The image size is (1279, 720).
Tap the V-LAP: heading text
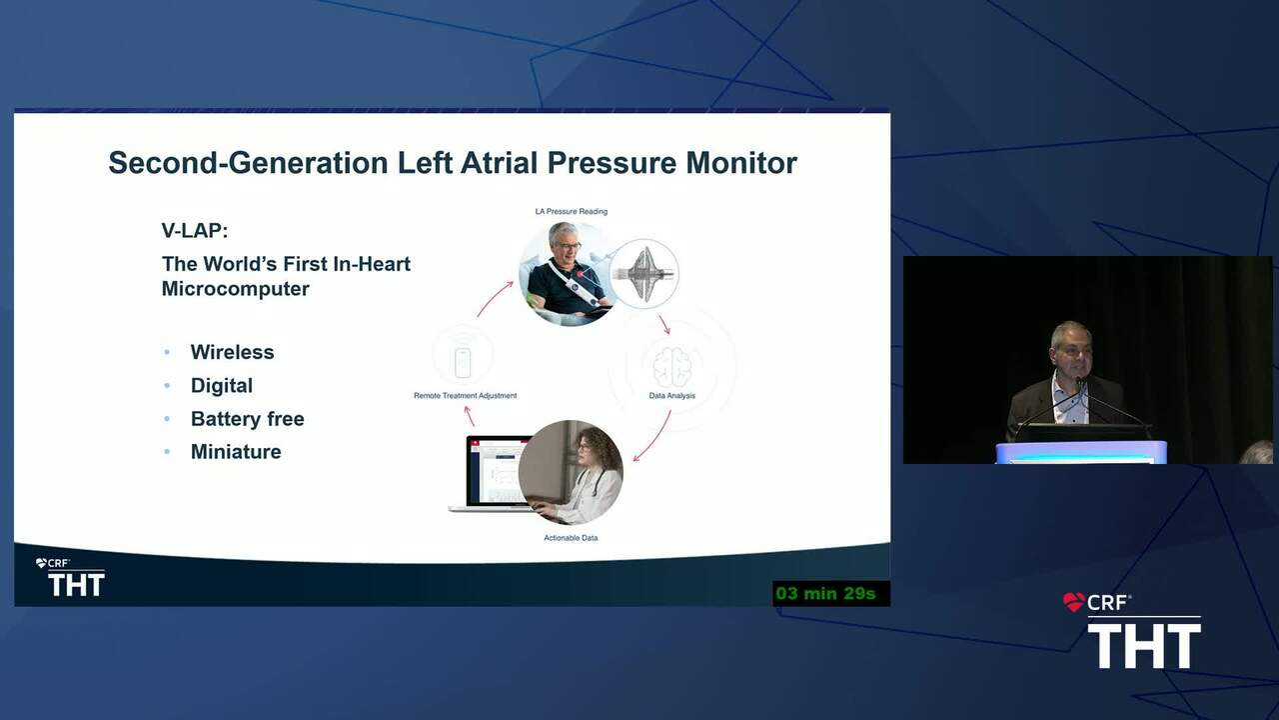pos(195,231)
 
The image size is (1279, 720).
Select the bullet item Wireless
pos(233,352)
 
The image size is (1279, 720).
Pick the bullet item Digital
pos(222,386)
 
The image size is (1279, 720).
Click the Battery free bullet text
pos(247,419)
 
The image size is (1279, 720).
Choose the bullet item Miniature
pos(236,452)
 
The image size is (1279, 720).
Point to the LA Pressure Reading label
pos(571,211)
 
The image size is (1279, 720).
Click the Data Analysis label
pos(672,395)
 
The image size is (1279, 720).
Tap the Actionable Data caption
pos(571,538)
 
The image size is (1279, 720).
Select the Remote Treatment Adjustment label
pos(465,395)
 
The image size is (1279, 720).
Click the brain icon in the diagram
pos(672,367)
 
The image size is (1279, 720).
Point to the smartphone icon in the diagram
pos(463,362)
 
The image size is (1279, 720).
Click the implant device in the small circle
pos(644,274)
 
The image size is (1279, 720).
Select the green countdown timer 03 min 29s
pos(825,594)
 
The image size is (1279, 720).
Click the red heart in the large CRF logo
pos(1073,602)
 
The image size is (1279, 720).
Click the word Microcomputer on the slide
pos(235,289)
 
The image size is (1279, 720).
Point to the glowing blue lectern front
pos(1081,453)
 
